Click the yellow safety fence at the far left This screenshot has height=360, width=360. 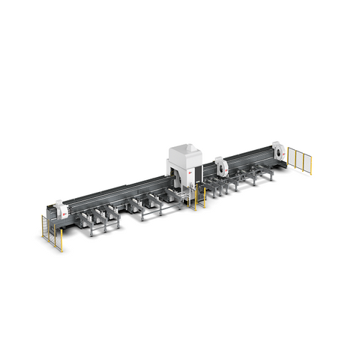tap(52, 231)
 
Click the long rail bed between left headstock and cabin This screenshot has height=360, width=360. tap(120, 196)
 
